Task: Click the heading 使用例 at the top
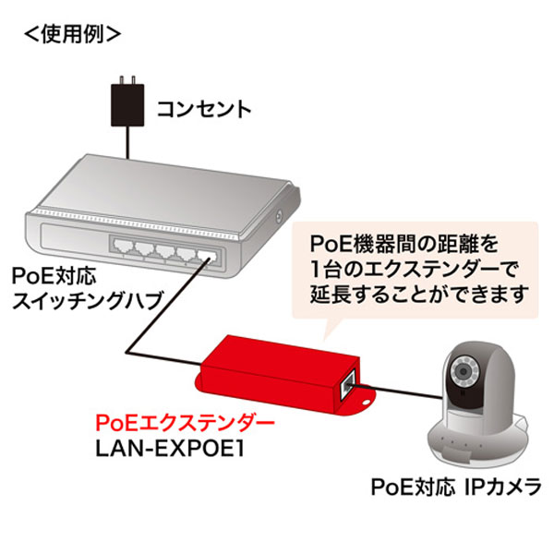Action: [73, 34]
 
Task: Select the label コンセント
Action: [204, 109]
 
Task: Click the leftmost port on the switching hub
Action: [121, 246]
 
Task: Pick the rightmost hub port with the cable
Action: [208, 256]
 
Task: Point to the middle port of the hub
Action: [165, 250]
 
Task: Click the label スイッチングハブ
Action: [87, 301]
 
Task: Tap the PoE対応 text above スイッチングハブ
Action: [54, 275]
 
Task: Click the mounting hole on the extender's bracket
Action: [366, 402]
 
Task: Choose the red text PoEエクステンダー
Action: [185, 424]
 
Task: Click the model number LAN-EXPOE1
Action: [170, 450]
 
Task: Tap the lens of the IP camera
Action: [464, 371]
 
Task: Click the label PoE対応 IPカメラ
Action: [456, 487]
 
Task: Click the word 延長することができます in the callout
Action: [419, 294]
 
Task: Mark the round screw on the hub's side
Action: [279, 215]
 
